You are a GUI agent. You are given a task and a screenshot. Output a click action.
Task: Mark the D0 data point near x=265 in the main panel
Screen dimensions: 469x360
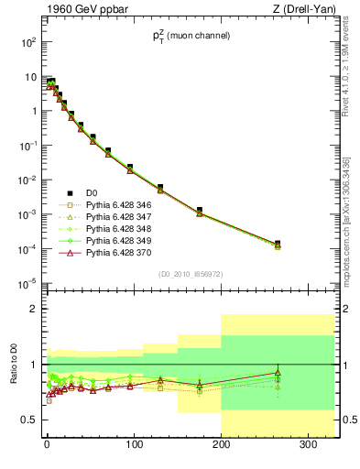278,244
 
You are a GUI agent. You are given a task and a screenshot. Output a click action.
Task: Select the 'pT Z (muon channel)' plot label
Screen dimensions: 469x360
191,37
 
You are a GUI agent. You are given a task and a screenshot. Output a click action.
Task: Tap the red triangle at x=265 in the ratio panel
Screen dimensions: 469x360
278,373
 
